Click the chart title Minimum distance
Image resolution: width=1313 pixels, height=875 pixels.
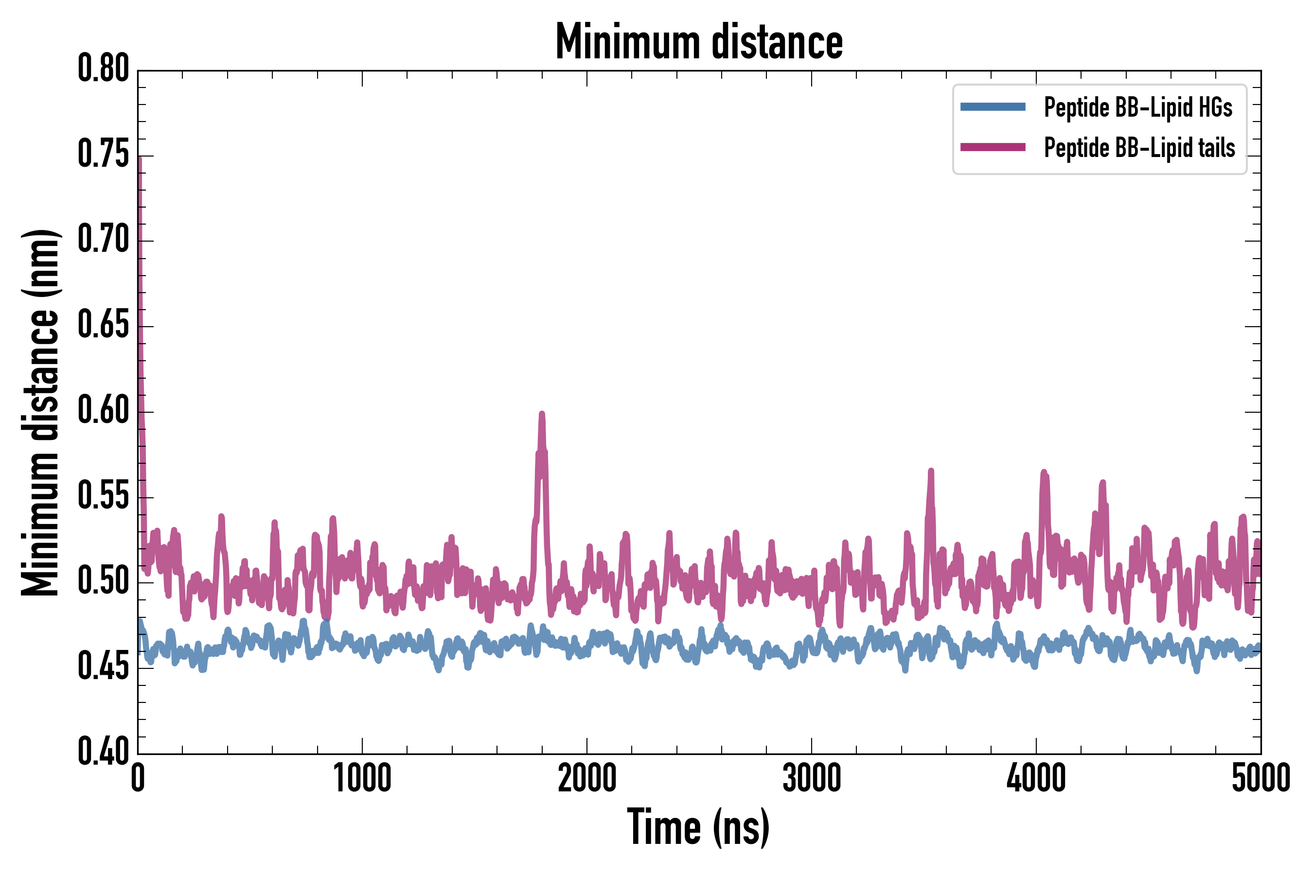click(x=699, y=42)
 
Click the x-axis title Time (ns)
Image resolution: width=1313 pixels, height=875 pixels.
click(x=698, y=826)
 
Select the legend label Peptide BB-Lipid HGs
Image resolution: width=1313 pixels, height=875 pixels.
click(x=1138, y=107)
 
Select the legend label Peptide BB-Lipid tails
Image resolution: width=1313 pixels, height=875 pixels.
click(x=1139, y=148)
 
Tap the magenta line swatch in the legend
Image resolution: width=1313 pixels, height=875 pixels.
click(x=993, y=147)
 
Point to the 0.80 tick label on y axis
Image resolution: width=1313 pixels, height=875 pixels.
click(x=103, y=69)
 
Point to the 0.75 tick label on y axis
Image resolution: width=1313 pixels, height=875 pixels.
click(x=103, y=155)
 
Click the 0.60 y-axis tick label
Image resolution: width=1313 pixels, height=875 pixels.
click(x=103, y=411)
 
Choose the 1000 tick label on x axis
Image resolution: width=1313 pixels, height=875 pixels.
click(x=362, y=778)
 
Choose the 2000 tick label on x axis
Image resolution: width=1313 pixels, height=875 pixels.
click(x=587, y=778)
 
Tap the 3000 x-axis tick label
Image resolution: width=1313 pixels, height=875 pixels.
click(x=811, y=778)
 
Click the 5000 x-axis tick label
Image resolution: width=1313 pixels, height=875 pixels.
click(x=1260, y=778)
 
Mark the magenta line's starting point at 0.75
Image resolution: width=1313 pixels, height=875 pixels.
click(x=139, y=158)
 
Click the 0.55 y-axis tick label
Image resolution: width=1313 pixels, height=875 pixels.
click(x=103, y=496)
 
